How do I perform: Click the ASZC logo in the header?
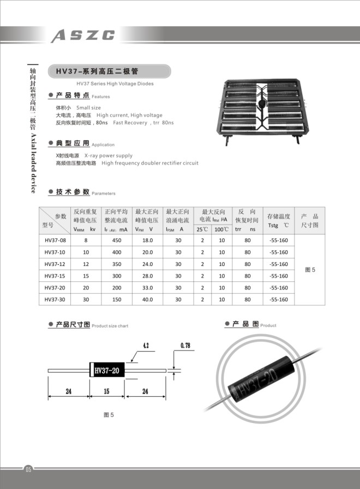point(83,36)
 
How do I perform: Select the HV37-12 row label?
point(55,264)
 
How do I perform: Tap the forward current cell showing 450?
point(116,240)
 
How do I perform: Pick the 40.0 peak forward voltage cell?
point(147,299)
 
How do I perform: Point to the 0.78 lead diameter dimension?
point(184,346)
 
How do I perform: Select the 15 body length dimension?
point(107,391)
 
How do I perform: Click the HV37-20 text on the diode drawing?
point(107,371)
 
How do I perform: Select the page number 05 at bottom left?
point(28,469)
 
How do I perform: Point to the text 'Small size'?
point(88,108)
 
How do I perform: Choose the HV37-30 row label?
point(55,299)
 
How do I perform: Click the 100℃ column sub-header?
point(221,230)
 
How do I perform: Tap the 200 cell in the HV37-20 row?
point(116,288)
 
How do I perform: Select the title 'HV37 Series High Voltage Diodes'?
point(115,84)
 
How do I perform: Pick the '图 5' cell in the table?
point(310,270)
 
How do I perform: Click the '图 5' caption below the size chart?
point(109,415)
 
